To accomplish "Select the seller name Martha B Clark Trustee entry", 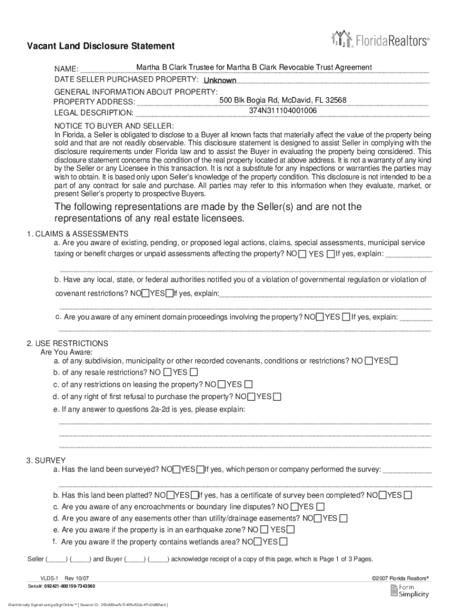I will pos(254,67).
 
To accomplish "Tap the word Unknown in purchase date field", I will pos(220,80).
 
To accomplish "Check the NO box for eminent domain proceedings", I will pos(320,317).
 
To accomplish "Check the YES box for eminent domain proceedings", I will pos(346,317).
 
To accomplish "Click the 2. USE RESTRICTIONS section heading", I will pos(68,344).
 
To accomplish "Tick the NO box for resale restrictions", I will pos(167,373).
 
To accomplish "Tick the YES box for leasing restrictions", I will pos(248,384).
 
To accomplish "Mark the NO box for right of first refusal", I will pos(252,397).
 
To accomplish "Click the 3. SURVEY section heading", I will pos(46,460).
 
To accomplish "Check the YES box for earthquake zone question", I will pos(290,529).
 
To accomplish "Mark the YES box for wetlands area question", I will pos(283,541).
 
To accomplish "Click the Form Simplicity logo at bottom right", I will pos(410,590).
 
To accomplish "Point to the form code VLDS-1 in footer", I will pos(48,577).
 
